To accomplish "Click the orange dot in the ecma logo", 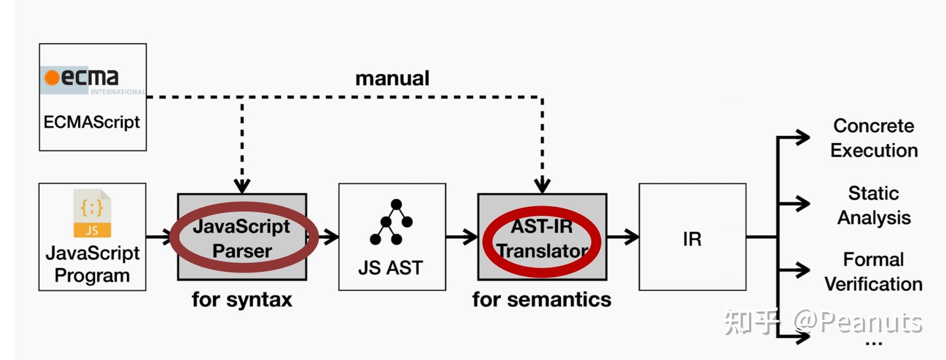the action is (x=52, y=78).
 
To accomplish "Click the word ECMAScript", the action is (x=92, y=122).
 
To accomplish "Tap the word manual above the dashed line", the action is (x=392, y=78).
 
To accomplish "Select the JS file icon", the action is (x=92, y=213).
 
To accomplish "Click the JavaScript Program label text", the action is (x=92, y=264).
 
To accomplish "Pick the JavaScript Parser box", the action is (x=242, y=237).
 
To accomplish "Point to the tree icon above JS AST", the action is (x=391, y=222).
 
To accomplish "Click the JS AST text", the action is (x=391, y=268).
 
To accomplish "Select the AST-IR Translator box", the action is (x=542, y=237).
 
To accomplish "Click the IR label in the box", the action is (x=692, y=239).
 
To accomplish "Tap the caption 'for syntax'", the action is (x=242, y=300).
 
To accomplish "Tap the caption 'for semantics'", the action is (x=542, y=300).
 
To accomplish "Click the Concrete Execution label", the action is (x=874, y=138).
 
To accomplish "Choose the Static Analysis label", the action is (x=874, y=206).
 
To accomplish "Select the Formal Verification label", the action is (x=874, y=272).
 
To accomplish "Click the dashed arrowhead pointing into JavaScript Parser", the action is (x=242, y=186).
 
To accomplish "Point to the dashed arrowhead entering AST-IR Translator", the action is (x=542, y=186).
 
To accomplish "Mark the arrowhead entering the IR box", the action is (x=632, y=237).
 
